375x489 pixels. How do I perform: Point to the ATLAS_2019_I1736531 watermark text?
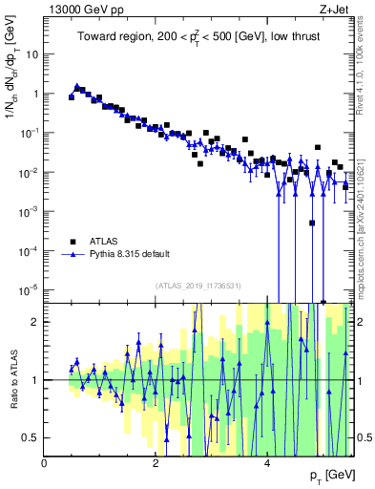click(198, 285)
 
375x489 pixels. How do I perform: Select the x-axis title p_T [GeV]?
click(325, 476)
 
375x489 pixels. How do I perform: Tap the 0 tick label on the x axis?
click(45, 463)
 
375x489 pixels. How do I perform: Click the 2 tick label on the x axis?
click(156, 463)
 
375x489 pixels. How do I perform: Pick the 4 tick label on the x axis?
click(266, 463)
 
